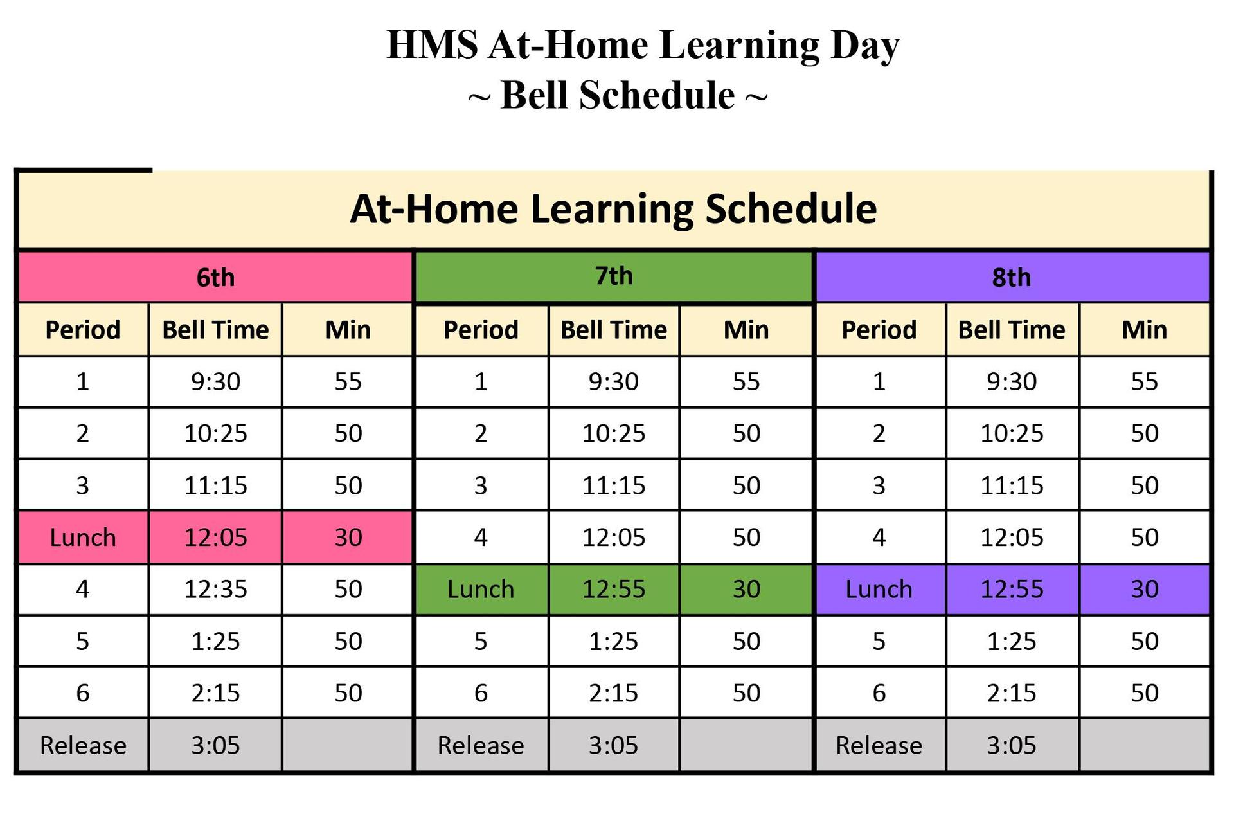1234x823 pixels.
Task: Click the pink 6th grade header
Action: (x=215, y=277)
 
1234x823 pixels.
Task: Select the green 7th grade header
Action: (x=614, y=276)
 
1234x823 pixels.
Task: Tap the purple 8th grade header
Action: (x=1012, y=277)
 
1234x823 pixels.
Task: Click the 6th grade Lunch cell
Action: (x=83, y=537)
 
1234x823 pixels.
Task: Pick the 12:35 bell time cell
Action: (x=215, y=589)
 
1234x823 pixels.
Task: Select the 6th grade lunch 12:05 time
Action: (x=215, y=537)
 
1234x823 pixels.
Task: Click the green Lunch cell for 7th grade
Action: (x=481, y=589)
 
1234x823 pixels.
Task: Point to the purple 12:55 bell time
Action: (x=1012, y=589)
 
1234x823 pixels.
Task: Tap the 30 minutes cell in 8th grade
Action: (x=1144, y=589)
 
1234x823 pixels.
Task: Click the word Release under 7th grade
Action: (x=481, y=745)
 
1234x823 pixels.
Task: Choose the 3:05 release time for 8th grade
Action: (x=1012, y=745)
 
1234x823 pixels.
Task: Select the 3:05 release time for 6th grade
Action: (x=215, y=745)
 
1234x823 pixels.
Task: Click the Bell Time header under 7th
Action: (x=614, y=330)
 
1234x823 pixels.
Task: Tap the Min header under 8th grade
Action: (x=1144, y=330)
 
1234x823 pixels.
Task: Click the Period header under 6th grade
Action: (x=83, y=330)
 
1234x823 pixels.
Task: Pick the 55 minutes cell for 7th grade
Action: (x=746, y=381)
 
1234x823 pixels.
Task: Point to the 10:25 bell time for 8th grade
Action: (x=1012, y=433)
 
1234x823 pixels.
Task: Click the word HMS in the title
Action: (x=432, y=45)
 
